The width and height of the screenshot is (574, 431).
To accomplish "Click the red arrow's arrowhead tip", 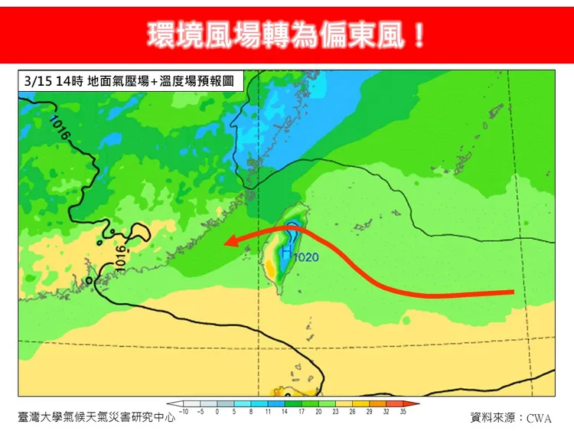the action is tap(225, 243).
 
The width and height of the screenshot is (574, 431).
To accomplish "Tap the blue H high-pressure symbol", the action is tap(286, 251).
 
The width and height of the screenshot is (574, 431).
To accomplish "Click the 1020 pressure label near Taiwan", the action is tap(306, 258).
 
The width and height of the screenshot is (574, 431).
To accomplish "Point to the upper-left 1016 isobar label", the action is tap(60, 128).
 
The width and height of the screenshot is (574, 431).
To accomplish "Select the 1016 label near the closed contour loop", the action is tap(121, 256).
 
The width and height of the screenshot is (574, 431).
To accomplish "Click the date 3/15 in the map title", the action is tap(35, 80).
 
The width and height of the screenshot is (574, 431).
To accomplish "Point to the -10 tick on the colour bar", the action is tap(184, 412).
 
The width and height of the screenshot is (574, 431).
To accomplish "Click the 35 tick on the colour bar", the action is tap(403, 412).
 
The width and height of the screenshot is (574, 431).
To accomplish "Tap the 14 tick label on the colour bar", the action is tap(284, 412).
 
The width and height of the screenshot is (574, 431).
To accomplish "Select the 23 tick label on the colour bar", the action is tap(334, 412).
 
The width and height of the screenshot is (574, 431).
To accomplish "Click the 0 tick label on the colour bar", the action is tap(217, 412).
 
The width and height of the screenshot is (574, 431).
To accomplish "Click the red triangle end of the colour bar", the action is tap(415, 403).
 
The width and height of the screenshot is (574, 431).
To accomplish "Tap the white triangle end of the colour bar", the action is tap(173, 403).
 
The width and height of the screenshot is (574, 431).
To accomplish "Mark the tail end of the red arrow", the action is tap(511, 292).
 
